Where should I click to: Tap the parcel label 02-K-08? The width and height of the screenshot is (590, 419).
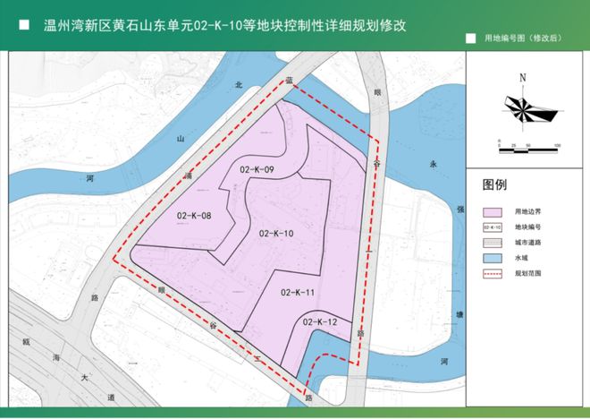click(194, 216)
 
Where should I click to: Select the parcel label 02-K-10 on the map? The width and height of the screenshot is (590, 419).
click(276, 234)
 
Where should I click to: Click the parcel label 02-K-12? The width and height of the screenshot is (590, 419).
click(320, 321)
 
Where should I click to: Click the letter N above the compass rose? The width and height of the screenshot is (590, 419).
click(522, 78)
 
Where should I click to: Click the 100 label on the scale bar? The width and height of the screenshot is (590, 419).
click(556, 145)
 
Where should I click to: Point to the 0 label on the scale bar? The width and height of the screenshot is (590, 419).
click(490, 145)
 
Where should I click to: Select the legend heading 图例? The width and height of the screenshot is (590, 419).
click(494, 185)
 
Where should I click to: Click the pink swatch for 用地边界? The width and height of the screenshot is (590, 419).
click(492, 212)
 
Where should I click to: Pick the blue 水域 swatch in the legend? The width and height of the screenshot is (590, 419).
click(492, 256)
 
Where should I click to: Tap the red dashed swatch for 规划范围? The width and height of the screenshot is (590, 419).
click(492, 271)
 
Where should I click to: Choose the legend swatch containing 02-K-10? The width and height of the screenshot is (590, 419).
click(492, 227)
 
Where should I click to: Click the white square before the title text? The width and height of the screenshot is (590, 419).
click(24, 25)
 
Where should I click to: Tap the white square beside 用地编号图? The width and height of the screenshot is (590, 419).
click(471, 39)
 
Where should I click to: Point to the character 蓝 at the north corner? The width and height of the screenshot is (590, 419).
click(289, 80)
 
